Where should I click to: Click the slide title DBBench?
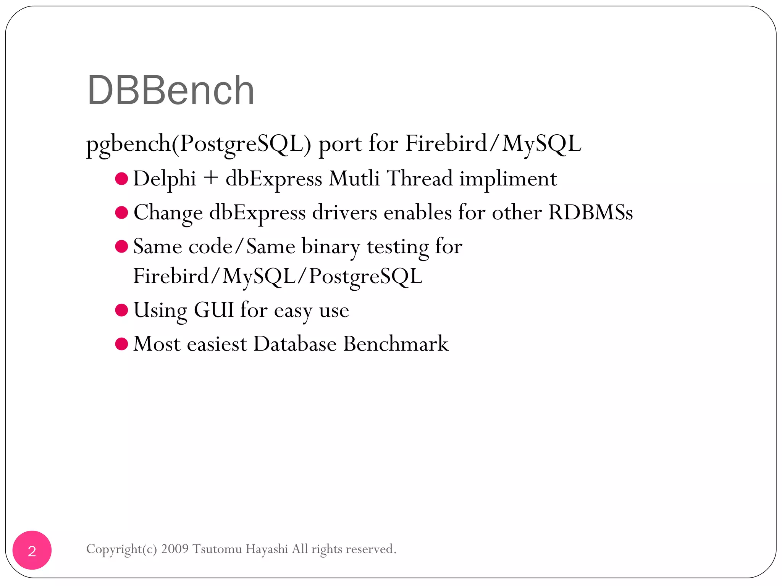[x=170, y=90]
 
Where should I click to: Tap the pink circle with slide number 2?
[x=32, y=550]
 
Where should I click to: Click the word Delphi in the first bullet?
[x=165, y=179]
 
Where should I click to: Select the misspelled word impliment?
[x=508, y=179]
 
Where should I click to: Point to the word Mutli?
[x=354, y=179]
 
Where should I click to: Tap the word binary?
[x=331, y=246]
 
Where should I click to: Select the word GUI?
[x=214, y=310]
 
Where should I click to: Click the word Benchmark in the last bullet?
[x=396, y=344]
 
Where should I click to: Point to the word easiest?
[x=217, y=344]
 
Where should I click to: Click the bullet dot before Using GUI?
[x=121, y=310]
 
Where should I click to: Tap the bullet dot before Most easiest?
[x=121, y=344]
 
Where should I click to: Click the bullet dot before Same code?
[x=121, y=246]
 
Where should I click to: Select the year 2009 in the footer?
[x=175, y=549]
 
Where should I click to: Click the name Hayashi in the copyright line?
[x=267, y=549]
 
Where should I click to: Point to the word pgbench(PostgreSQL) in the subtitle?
[x=199, y=144]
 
